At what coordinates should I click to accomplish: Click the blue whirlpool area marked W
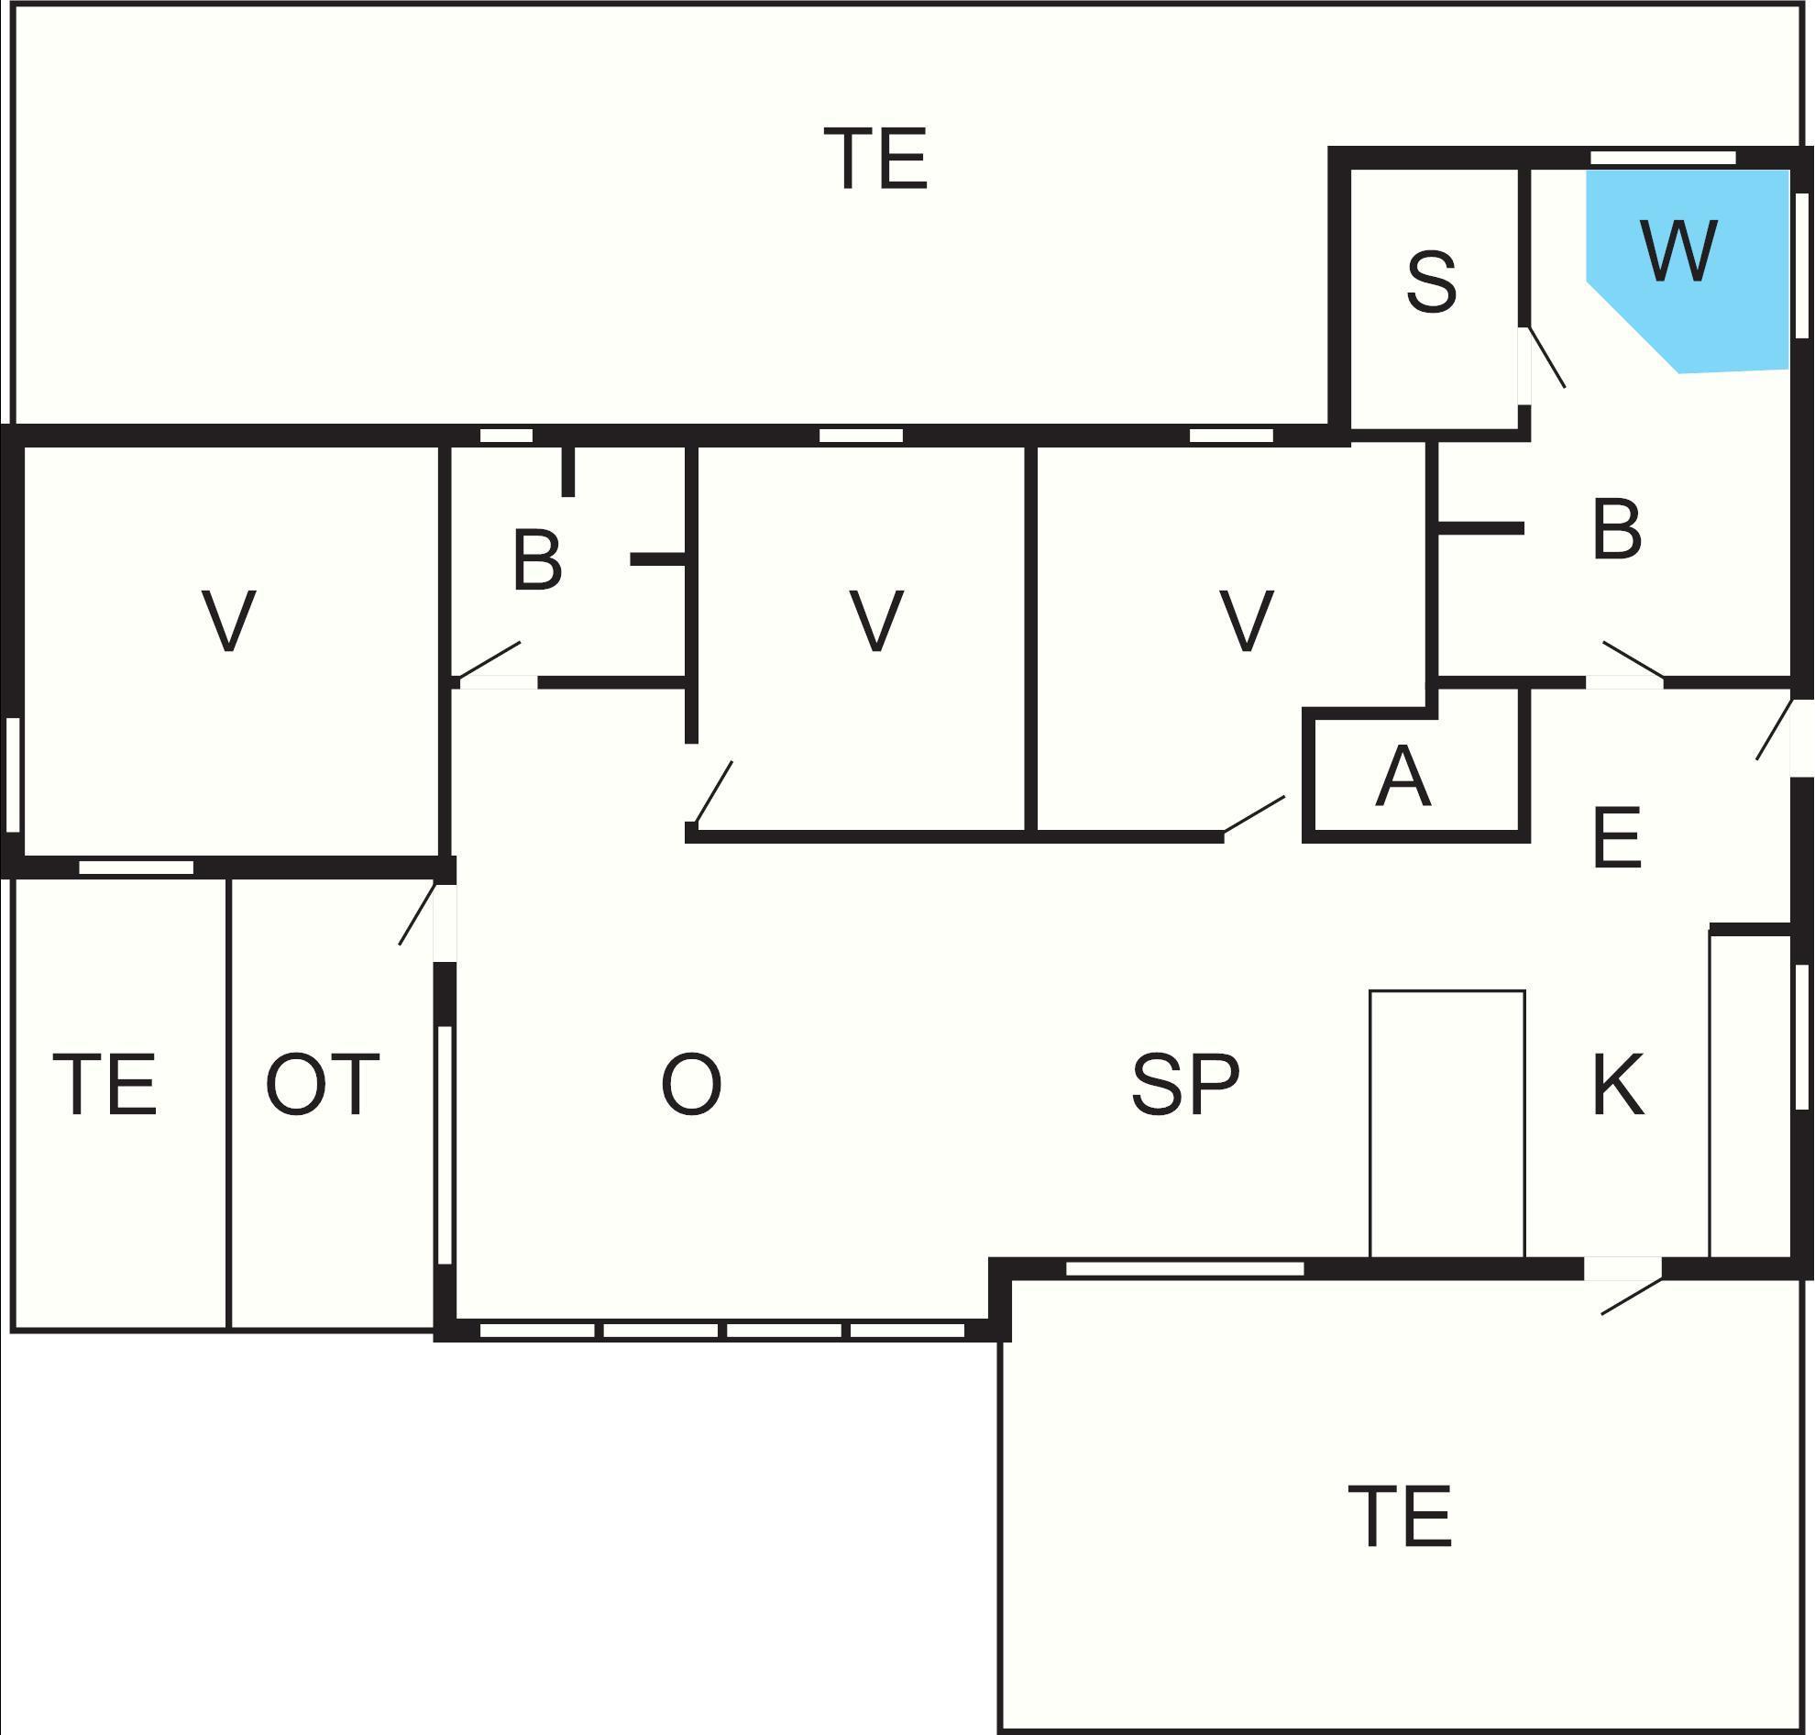point(1688,268)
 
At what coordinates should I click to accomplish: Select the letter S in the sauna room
point(1431,282)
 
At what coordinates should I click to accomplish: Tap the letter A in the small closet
point(1403,776)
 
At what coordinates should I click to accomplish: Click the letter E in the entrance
point(1617,837)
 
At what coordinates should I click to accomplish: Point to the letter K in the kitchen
point(1618,1084)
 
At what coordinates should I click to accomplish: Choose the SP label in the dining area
point(1185,1084)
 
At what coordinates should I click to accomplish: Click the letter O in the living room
point(690,1084)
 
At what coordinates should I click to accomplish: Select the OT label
point(322,1084)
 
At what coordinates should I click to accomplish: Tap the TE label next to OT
point(105,1084)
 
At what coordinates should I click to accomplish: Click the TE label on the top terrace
point(875,158)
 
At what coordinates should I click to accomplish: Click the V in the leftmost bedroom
point(228,621)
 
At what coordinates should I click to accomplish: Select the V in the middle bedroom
point(875,621)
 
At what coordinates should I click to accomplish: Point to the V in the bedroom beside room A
point(1247,621)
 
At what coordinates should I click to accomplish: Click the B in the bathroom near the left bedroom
point(536,559)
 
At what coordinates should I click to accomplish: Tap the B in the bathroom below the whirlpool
point(1617,529)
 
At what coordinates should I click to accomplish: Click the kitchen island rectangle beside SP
point(1447,1124)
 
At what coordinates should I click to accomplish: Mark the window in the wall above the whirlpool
point(1663,158)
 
